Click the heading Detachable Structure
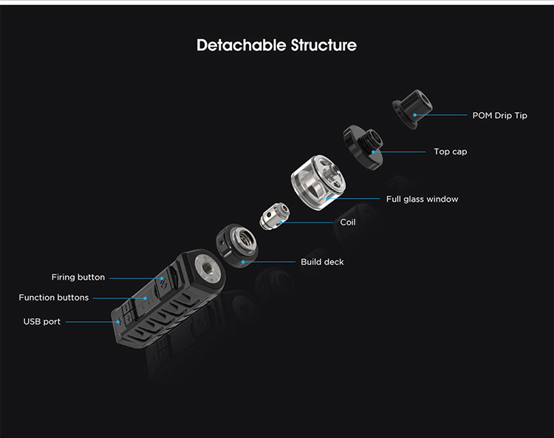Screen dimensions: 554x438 (x=277, y=45)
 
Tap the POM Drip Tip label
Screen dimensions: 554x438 (x=499, y=115)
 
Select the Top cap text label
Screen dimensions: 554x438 (x=450, y=151)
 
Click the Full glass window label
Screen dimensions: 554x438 (x=422, y=199)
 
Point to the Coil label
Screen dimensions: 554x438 (x=348, y=222)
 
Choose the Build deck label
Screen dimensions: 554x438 (x=322, y=261)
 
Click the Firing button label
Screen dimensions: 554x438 (x=78, y=277)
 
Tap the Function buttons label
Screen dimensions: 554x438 (x=54, y=298)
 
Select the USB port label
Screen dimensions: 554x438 (x=41, y=321)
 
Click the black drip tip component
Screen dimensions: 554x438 (x=412, y=109)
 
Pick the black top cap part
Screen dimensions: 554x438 (x=363, y=147)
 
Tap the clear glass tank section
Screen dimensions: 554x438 (x=318, y=182)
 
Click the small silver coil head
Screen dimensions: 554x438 (x=275, y=216)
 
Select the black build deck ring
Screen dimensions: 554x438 (x=236, y=245)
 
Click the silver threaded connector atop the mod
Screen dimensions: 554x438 (x=208, y=265)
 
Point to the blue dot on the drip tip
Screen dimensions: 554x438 (x=415, y=115)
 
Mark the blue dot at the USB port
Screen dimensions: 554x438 (x=118, y=322)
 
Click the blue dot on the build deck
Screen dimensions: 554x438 (x=243, y=261)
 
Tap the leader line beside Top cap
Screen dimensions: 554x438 (x=399, y=152)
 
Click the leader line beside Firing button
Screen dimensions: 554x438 (x=136, y=278)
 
